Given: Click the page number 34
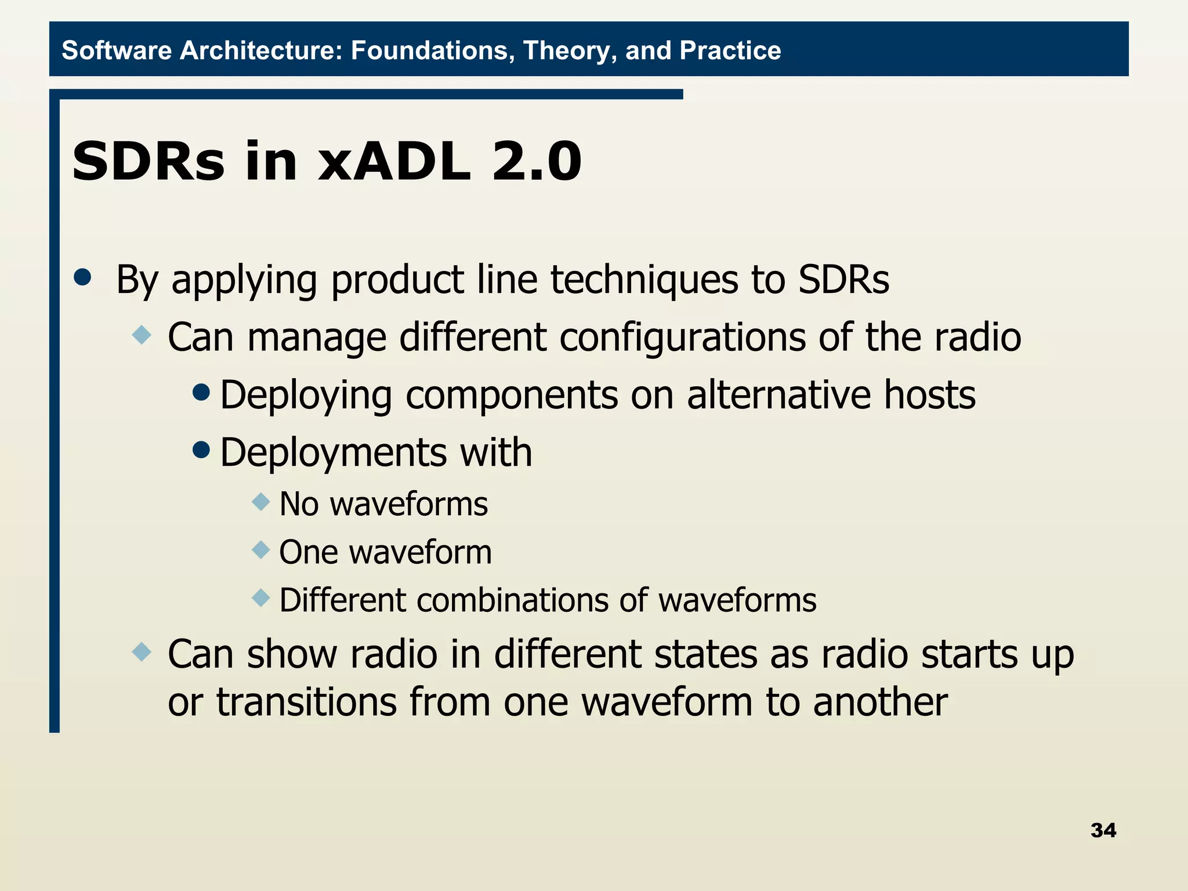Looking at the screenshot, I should point(1103,830).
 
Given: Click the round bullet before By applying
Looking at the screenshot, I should point(83,277).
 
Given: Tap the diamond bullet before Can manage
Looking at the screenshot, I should point(142,335).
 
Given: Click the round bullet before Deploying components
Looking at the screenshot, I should point(201,393).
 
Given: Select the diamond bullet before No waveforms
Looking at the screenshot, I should point(261,501).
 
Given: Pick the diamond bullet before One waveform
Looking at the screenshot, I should point(261,549).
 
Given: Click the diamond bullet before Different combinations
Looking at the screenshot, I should point(261,597).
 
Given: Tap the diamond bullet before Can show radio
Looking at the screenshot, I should point(142,652).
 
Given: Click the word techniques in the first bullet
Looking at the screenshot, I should point(644,280).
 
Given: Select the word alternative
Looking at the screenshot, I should point(779,396).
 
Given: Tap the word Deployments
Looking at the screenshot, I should point(333,454).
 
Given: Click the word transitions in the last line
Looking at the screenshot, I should point(306,702).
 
